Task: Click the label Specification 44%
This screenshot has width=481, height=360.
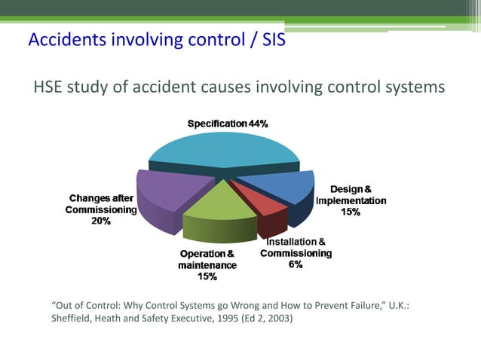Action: tap(227, 123)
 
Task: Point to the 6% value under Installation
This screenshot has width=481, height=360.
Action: tap(296, 265)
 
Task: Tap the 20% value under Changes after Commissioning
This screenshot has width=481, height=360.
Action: tap(102, 221)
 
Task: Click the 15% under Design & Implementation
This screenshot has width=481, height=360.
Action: tap(351, 212)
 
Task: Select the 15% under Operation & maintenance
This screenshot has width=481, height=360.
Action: tap(207, 276)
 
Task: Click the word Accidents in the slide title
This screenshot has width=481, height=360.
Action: tap(64, 39)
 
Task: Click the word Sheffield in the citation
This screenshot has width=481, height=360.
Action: tap(74, 319)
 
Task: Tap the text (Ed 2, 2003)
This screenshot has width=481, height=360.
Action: tap(263, 319)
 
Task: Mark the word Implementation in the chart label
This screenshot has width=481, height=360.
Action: tap(351, 201)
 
